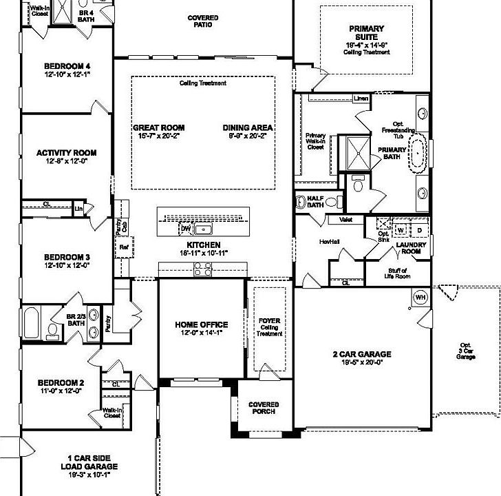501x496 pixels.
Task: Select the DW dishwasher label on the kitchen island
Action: tap(185, 228)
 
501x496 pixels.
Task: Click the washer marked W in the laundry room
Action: tap(401, 229)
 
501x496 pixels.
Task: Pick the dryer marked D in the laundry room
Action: tap(418, 229)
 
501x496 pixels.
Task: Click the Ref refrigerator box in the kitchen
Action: tap(124, 246)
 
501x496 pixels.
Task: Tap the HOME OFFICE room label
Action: tap(201, 324)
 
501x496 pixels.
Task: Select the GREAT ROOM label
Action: tap(158, 127)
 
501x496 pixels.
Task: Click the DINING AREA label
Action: tap(248, 127)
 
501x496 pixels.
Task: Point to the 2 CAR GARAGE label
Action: tap(362, 354)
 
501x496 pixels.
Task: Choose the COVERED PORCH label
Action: tap(264, 408)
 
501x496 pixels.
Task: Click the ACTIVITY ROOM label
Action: tap(67, 153)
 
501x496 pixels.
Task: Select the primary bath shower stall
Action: tap(358, 152)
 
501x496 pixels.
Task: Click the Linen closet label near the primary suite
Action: tap(361, 99)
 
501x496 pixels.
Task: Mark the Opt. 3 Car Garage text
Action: tap(467, 351)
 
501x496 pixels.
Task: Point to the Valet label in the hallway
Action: tap(346, 220)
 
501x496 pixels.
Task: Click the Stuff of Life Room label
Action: tap(398, 273)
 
